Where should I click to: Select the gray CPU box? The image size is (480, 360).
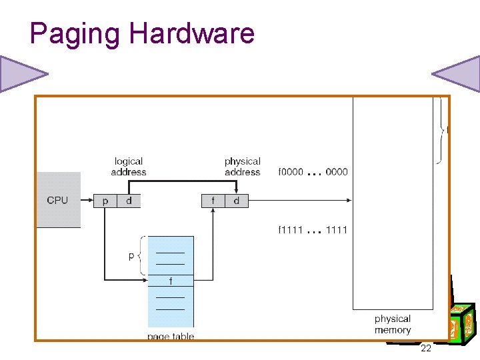tap(58, 200)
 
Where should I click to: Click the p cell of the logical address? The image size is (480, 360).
tap(105, 200)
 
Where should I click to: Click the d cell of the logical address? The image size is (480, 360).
tap(129, 200)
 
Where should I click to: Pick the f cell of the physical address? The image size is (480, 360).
tap(213, 200)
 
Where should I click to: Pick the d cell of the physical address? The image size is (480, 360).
tap(237, 200)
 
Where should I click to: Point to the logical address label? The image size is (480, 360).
tap(129, 167)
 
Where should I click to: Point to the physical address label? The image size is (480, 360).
tap(243, 167)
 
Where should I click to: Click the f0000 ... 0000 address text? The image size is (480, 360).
tap(313, 172)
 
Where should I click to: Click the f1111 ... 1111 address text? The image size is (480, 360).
tap(313, 230)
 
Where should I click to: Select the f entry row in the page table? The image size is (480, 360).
tap(170, 281)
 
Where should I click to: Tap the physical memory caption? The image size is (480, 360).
tap(393, 325)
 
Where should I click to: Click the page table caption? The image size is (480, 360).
tap(171, 336)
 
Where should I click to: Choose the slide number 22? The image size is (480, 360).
tap(426, 349)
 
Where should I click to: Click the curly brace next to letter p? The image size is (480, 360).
tap(140, 256)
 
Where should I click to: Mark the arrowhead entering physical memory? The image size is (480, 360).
tap(349, 200)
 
